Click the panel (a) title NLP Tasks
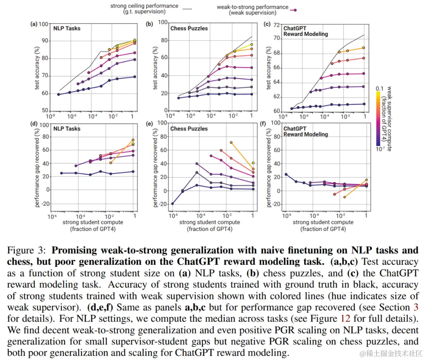click(67, 28)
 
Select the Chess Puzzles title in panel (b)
click(189, 28)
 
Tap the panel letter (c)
click(266, 24)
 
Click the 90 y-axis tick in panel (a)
click(45, 41)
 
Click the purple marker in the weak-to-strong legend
click(294, 11)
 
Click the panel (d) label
click(34, 125)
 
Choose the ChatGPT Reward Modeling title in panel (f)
click(305, 131)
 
